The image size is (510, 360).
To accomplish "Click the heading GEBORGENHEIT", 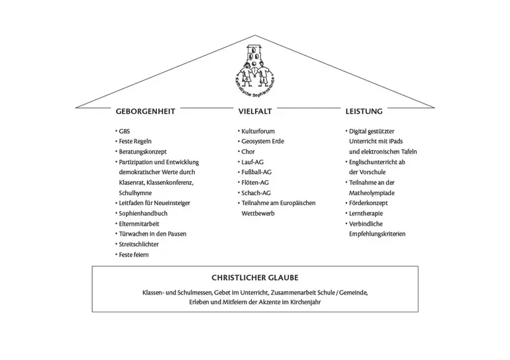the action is click(x=146, y=111).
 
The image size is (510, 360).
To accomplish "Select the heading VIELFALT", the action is click(x=255, y=111).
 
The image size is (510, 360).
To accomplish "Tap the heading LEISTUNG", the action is click(x=364, y=111).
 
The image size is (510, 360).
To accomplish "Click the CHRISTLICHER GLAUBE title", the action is click(x=255, y=278).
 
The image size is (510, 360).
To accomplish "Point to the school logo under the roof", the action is click(x=255, y=71).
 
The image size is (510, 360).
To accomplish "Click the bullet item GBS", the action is click(x=125, y=131).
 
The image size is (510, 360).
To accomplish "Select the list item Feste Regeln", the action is click(x=135, y=142).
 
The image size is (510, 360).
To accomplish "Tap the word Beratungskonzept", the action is click(x=143, y=152).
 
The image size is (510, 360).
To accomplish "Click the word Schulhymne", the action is click(x=135, y=193).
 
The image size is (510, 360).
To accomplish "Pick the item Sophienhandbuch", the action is click(x=143, y=214).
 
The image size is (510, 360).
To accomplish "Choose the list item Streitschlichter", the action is click(x=139, y=244).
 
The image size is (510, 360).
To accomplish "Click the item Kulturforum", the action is click(x=258, y=131).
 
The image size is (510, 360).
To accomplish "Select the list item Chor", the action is click(x=248, y=152).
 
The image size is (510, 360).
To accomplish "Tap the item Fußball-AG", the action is click(x=256, y=172).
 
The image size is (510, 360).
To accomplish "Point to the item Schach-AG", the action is click(x=256, y=193).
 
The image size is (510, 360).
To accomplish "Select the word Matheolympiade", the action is click(x=372, y=193).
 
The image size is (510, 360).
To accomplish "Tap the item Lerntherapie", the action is click(x=366, y=214).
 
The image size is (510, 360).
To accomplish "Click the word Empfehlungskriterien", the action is click(x=378, y=234).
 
